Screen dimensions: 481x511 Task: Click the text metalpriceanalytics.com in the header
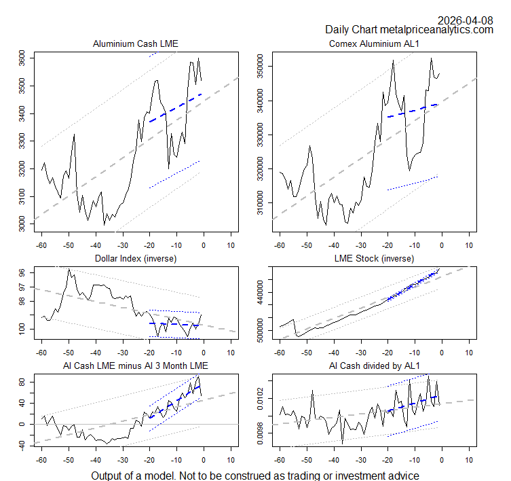pos(437,29)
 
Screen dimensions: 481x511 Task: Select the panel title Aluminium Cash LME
pos(135,44)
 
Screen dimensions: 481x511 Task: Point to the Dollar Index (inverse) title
pos(135,259)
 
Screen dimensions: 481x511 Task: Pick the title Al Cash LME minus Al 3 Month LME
pos(135,367)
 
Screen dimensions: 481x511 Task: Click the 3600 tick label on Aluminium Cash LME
pos(22,59)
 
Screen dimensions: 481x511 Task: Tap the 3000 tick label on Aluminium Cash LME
pos(22,223)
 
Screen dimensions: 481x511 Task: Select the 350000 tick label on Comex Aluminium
pos(259,67)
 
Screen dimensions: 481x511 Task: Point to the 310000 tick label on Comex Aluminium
pos(259,202)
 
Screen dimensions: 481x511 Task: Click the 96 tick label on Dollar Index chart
pos(22,272)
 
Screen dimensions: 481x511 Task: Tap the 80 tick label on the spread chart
pos(22,382)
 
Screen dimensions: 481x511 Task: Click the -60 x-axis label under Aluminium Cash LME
pos(41,245)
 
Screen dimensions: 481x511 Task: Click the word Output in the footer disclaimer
pos(109,476)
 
